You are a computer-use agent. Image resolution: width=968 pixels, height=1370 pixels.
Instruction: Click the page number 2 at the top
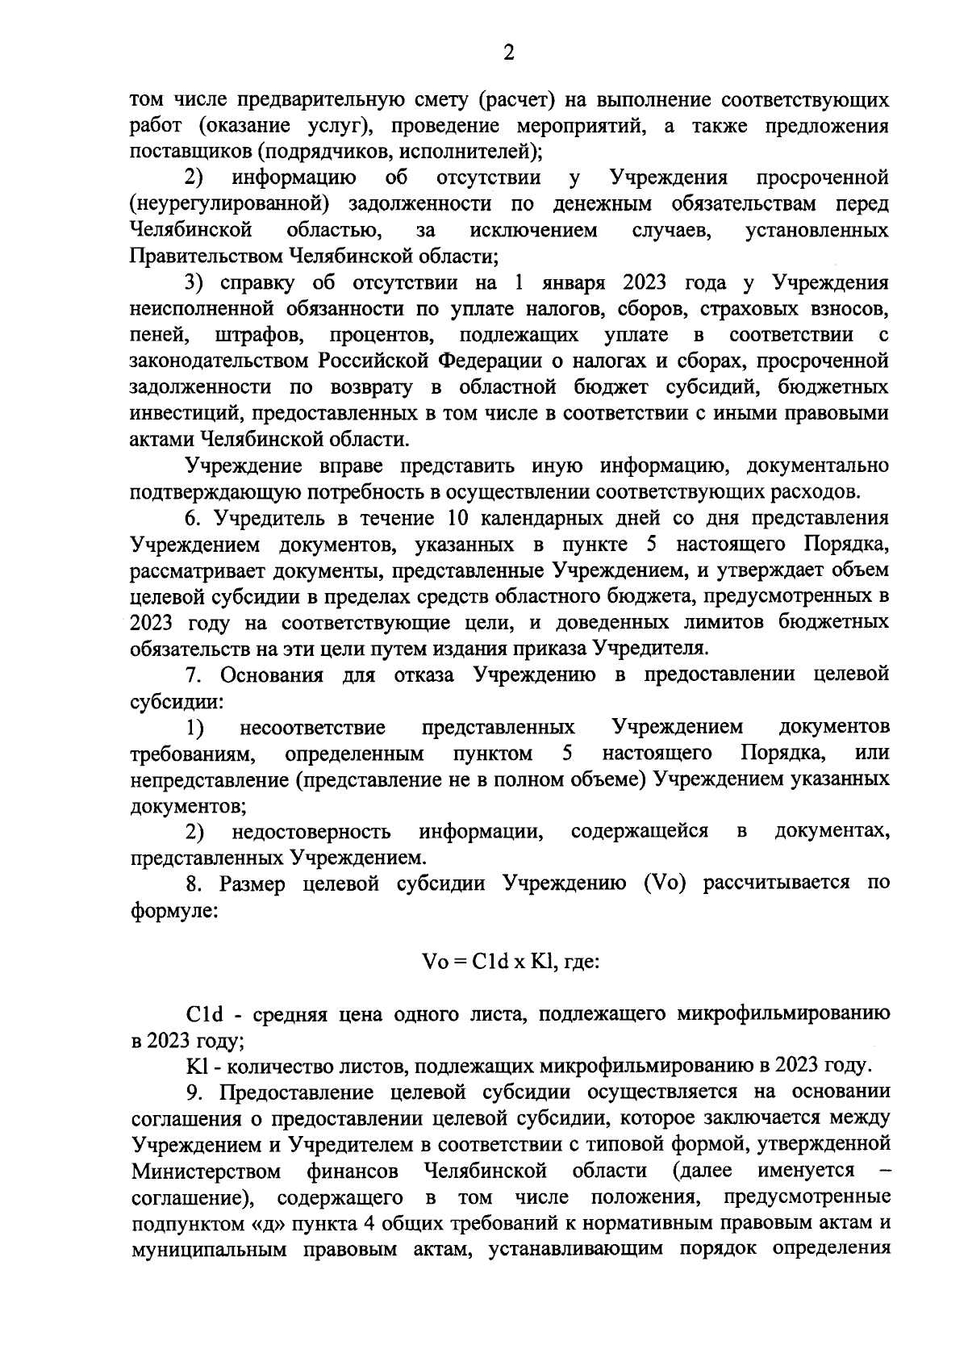click(x=508, y=53)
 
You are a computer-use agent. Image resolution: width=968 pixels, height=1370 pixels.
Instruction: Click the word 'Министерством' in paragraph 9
click(x=206, y=1171)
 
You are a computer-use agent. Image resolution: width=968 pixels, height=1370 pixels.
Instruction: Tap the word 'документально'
click(x=818, y=466)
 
